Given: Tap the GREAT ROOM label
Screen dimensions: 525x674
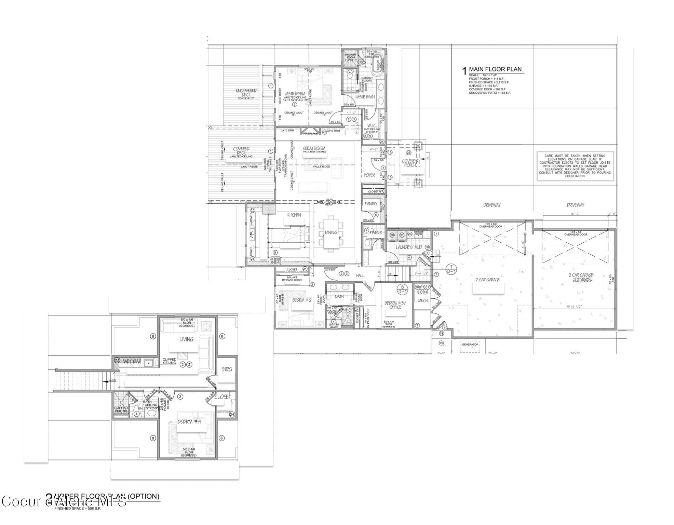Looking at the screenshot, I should (x=314, y=149).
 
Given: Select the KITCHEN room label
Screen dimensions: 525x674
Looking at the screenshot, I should (x=294, y=215).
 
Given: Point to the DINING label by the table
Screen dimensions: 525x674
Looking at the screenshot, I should (x=331, y=232).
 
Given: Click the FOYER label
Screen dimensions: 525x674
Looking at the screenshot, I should (x=369, y=175).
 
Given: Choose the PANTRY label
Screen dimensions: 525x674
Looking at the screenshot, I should (x=371, y=204).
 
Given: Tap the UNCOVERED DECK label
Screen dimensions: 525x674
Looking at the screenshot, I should (x=246, y=92).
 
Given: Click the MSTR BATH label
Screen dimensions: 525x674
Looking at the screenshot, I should (x=365, y=97).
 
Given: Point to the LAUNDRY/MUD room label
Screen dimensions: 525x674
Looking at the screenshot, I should (x=409, y=247).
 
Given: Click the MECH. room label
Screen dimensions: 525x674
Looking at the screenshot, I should (x=423, y=301).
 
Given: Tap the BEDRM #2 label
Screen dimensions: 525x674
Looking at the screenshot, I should (x=302, y=300).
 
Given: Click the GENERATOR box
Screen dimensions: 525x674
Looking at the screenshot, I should (x=470, y=345).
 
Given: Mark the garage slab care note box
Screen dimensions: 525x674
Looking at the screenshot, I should (x=575, y=165).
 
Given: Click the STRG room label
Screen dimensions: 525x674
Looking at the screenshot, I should (x=226, y=369).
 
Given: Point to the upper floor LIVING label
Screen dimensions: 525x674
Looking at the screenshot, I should (x=186, y=339).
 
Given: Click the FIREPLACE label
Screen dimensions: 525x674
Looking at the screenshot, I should (x=310, y=134).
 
